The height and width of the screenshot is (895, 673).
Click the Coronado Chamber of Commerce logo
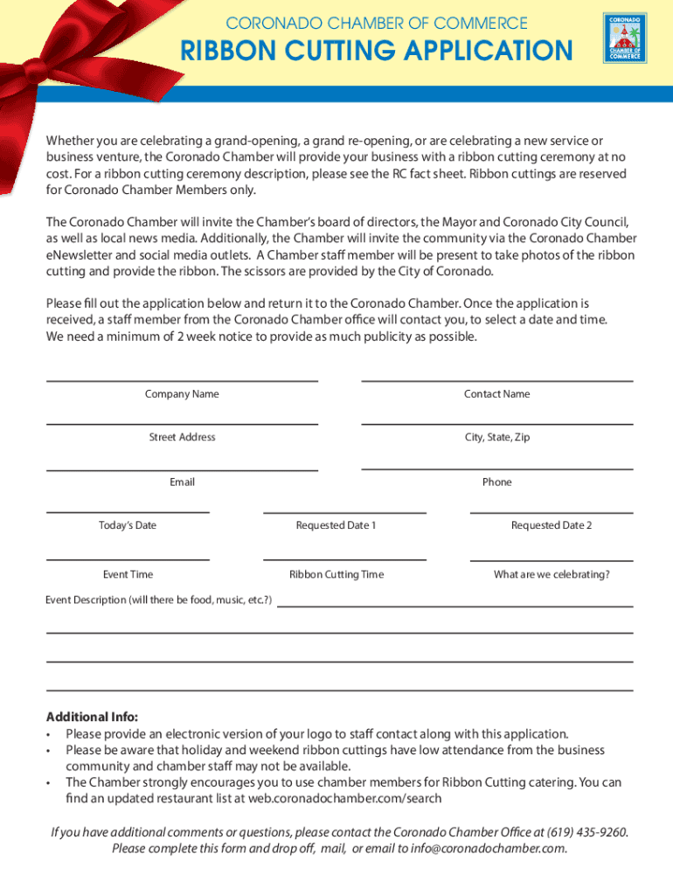[624, 38]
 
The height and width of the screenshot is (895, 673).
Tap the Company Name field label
[182, 394]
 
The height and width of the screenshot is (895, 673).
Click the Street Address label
[182, 437]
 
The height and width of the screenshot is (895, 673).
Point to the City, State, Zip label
[496, 437]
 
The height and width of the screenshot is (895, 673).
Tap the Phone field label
[496, 482]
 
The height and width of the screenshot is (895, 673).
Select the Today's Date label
[128, 525]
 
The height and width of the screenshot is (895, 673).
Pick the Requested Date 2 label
[552, 525]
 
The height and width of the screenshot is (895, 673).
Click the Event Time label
[128, 574]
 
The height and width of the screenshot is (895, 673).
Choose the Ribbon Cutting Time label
[336, 574]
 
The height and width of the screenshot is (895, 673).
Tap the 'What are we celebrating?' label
[552, 574]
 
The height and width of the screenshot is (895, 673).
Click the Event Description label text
[158, 600]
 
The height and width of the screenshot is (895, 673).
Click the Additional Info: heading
[92, 717]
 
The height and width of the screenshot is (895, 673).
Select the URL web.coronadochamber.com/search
[344, 798]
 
